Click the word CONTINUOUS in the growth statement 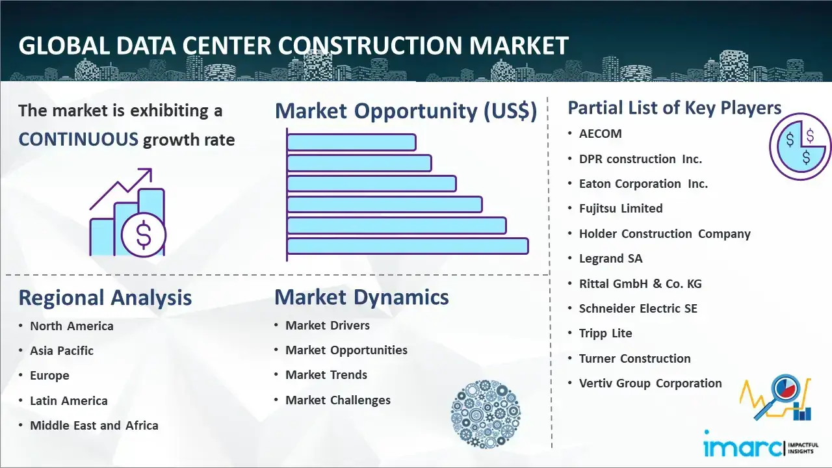tap(79, 140)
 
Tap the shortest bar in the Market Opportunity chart tap(352, 142)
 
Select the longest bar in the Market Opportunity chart tap(408, 246)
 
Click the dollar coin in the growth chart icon tap(144, 235)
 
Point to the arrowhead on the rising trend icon tap(147, 173)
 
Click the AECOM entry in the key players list tap(600, 134)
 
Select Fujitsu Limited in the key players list tap(621, 209)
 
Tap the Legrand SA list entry tap(610, 259)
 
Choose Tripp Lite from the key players tap(605, 333)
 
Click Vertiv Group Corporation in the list tap(651, 383)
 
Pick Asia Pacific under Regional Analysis tap(62, 350)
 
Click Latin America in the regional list tap(69, 401)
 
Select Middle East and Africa tap(94, 425)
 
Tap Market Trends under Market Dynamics tap(326, 375)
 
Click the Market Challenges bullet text tap(337, 400)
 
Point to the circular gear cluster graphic tap(486, 414)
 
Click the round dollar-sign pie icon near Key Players tap(800, 146)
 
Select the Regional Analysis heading tap(105, 298)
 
